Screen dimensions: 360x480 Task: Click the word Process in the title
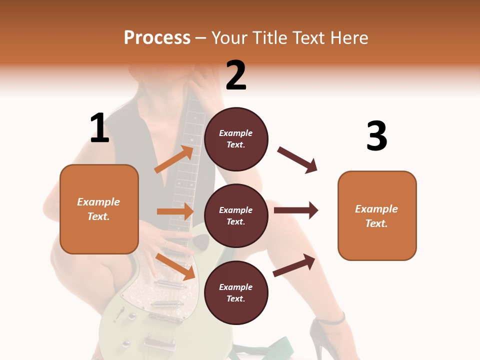[157, 37]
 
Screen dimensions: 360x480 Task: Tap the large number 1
[99, 128]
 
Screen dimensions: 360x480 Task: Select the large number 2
[236, 75]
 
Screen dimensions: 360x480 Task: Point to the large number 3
[376, 136]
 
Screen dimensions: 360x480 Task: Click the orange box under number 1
[99, 209]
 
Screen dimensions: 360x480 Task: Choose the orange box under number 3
[377, 215]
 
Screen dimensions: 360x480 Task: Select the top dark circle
[236, 139]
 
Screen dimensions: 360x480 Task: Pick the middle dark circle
[236, 215]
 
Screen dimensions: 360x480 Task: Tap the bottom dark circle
[236, 292]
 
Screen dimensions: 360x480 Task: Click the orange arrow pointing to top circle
[174, 159]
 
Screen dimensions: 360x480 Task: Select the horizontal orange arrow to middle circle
[175, 211]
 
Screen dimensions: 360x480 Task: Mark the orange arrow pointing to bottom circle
[175, 266]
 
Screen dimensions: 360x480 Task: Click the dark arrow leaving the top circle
[297, 160]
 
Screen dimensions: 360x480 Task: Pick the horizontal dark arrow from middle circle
[295, 210]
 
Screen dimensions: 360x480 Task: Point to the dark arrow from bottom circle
[294, 265]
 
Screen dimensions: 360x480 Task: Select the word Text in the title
[310, 37]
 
